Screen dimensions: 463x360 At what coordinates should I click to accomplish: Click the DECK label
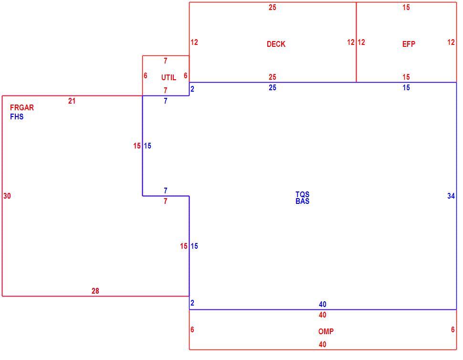(276, 44)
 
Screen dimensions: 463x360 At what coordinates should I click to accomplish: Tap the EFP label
(409, 44)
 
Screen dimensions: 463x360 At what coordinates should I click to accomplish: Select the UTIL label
(168, 77)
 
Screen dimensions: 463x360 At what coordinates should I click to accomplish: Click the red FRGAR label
(22, 107)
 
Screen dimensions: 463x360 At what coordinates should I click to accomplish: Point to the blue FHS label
(17, 116)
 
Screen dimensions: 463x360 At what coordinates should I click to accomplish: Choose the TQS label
(302, 194)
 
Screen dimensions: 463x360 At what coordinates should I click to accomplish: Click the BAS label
(302, 201)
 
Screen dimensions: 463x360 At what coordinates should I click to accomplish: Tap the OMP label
(326, 331)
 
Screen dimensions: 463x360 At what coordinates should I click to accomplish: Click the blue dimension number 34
(451, 196)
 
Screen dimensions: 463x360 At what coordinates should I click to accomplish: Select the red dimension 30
(7, 196)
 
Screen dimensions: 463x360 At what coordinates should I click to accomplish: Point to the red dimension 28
(95, 291)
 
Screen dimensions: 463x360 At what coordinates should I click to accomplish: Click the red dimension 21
(72, 101)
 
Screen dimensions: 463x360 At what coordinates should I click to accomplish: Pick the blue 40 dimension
(323, 304)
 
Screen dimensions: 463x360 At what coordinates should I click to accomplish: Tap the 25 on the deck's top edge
(272, 7)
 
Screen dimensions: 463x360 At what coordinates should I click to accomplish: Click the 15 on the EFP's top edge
(406, 7)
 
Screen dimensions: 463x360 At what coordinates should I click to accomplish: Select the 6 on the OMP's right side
(452, 329)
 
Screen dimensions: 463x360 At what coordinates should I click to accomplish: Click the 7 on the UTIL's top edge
(165, 61)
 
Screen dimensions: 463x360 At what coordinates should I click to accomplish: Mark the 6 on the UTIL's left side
(145, 75)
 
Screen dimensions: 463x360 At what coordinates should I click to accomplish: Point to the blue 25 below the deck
(272, 87)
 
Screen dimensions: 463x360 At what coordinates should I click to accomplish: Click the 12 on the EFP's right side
(451, 42)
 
